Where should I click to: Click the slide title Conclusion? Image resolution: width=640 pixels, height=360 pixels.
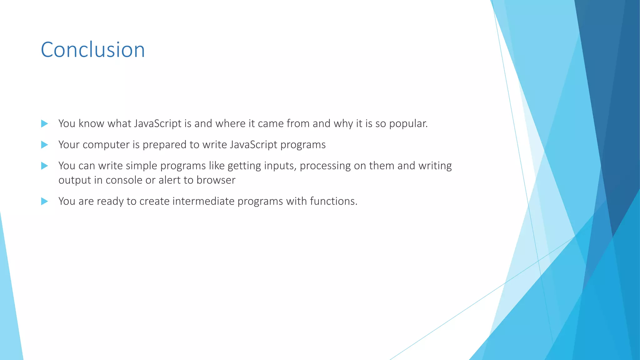tap(93, 50)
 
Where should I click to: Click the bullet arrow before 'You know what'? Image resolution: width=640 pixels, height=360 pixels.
tap(44, 124)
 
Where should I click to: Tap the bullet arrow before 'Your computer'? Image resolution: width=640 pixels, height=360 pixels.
tap(44, 145)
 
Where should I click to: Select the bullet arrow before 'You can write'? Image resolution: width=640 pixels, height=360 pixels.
tap(44, 166)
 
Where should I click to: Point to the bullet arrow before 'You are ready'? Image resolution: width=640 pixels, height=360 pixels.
tap(44, 201)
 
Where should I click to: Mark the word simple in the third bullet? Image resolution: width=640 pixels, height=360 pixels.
tap(141, 166)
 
